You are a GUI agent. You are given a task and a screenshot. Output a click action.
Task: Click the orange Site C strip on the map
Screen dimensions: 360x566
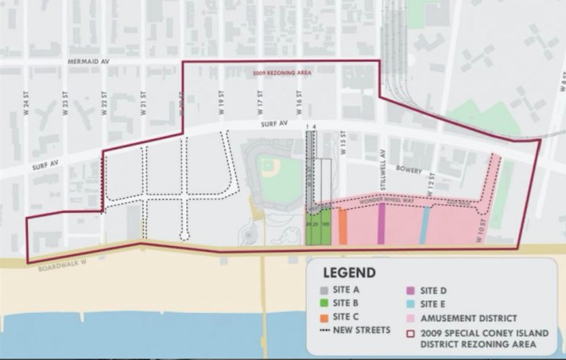click(343, 226)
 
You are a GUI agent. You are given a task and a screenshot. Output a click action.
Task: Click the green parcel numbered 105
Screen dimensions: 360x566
click(326, 226)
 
